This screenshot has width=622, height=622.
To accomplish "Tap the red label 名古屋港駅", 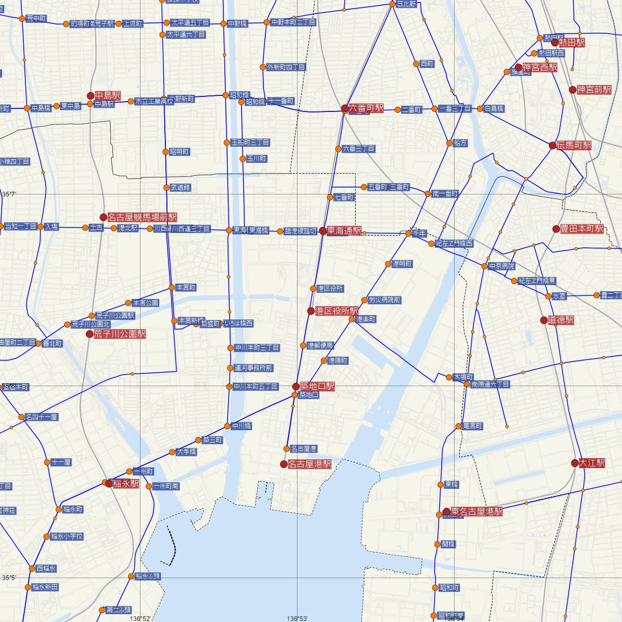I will [x=309, y=464].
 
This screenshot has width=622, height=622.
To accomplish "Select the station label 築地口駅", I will [x=317, y=386].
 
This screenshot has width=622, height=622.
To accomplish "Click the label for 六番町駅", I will [x=366, y=108].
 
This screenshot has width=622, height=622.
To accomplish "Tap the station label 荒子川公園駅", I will [x=120, y=334].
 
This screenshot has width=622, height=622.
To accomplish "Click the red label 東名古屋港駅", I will [x=476, y=512].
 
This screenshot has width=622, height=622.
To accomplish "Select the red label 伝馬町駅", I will [x=574, y=146].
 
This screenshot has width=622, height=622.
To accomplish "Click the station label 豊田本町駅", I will [x=582, y=229].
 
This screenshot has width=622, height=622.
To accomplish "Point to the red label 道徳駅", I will [x=561, y=320].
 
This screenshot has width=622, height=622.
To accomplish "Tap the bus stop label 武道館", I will [x=181, y=187].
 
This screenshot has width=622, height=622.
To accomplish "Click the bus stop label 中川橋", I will [x=242, y=426].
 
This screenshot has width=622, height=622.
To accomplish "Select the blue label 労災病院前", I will [x=384, y=300].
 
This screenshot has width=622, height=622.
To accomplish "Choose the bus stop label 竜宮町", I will [x=473, y=426].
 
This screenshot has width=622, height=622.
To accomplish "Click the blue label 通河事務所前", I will [x=253, y=368].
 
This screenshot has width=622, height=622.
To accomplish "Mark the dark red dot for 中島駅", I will [x=91, y=95].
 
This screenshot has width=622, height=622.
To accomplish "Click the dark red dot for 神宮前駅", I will [x=573, y=90].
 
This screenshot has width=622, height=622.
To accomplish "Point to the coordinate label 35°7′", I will [x=9, y=194].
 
